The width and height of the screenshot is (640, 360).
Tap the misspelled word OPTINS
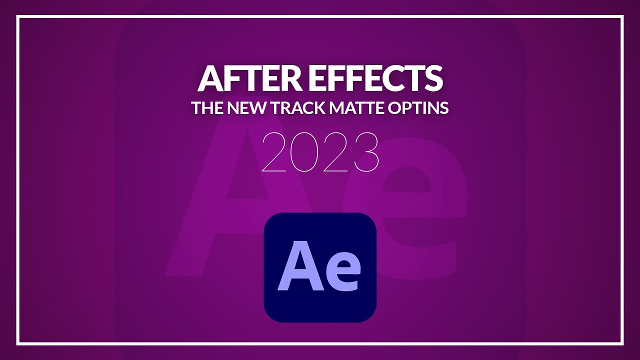[419, 108]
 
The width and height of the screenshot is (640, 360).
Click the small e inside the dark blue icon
[342, 274]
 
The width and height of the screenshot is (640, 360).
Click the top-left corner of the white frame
[17, 17]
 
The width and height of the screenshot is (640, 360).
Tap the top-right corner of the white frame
[622, 17]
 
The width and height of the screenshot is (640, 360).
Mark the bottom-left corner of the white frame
[17, 343]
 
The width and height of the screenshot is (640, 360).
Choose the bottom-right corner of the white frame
[622, 343]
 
